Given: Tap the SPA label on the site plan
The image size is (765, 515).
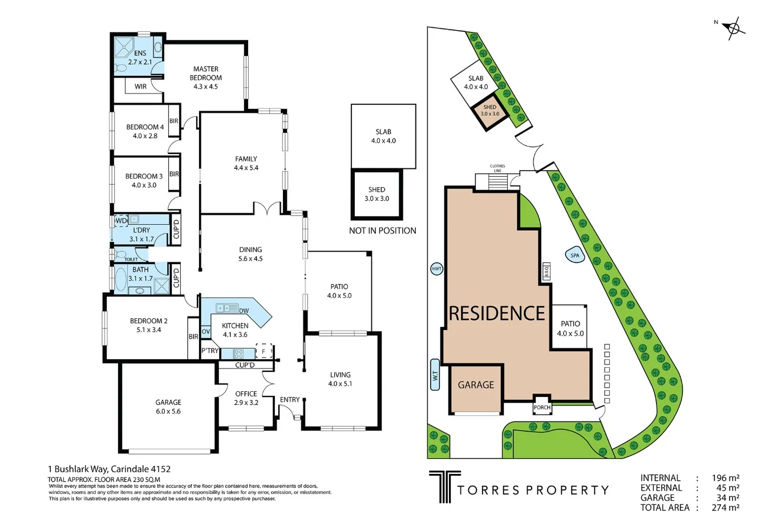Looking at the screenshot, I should [574, 256].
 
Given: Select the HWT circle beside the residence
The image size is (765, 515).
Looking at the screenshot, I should [438, 269].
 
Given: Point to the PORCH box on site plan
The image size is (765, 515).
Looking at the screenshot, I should [541, 407].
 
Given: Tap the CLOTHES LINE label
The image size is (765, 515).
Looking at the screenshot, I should [497, 168].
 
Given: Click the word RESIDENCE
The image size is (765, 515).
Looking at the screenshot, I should [497, 313].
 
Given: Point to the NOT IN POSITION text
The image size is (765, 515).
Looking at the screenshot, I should [382, 231].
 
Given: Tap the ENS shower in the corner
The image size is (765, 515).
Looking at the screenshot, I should [123, 44].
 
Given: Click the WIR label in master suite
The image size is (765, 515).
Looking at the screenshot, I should [140, 87].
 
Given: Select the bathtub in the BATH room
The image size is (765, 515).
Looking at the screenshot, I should [121, 280].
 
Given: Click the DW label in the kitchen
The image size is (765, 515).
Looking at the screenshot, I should [244, 310].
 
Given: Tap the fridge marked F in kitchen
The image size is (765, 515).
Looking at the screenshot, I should [264, 351].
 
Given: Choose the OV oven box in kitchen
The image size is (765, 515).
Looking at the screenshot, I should [206, 331].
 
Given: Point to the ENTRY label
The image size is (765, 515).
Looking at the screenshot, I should [289, 399].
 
